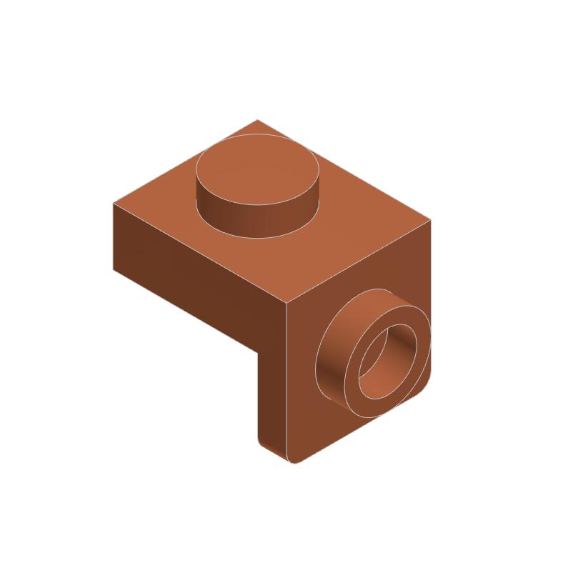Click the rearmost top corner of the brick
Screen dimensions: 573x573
coord(257,119)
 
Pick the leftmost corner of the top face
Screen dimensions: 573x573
coord(113,203)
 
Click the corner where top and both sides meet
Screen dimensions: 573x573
coord(286,303)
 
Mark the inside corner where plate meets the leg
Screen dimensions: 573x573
coord(256,349)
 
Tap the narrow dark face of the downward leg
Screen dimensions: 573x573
coord(271,400)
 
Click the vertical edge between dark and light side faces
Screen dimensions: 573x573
coord(286,379)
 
